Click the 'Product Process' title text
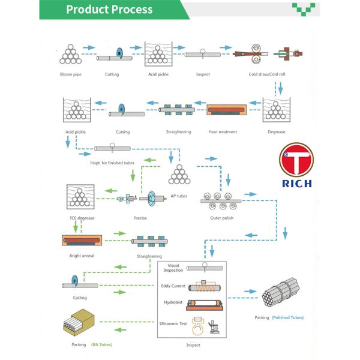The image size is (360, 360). [x=109, y=10]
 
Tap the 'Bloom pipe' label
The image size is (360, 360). [x=70, y=74]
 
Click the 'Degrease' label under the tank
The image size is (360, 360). [x=277, y=132]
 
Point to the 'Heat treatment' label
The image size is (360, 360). [x=223, y=132]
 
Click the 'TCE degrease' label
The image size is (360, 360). [x=82, y=217]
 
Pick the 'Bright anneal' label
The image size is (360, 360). [x=82, y=256]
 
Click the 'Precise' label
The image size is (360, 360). [x=140, y=218]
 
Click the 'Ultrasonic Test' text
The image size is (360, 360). [x=174, y=324]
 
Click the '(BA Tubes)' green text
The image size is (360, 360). [x=100, y=344]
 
